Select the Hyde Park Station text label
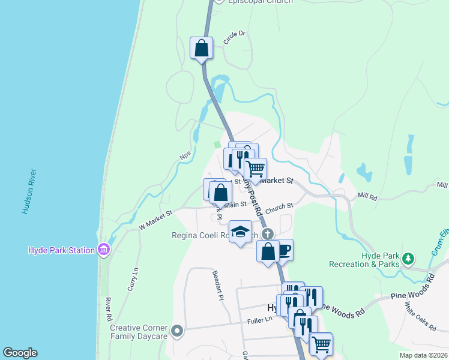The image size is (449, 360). coord(62,250)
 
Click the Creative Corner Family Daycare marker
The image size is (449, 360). coord(176,331)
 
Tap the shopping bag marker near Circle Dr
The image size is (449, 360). coord(202,48)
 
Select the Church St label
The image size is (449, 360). coord(279,206)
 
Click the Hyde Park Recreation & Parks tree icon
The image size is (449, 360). coord(408,259)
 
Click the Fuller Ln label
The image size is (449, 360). coord(260,320)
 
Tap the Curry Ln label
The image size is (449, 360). coord(133,279)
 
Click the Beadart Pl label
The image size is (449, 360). coord(217,285)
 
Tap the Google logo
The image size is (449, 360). coord(20,353)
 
